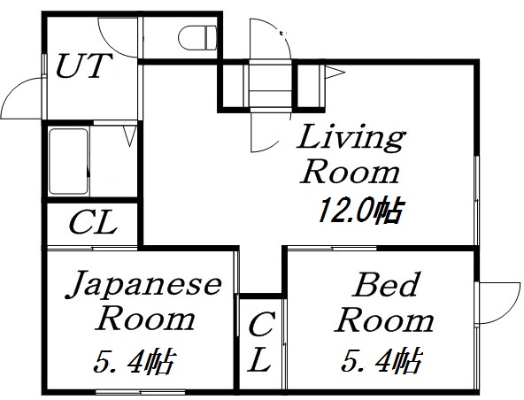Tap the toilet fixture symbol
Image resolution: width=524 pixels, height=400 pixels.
197,38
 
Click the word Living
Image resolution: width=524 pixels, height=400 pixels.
350,139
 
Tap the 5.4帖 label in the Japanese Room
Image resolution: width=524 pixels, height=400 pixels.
135,362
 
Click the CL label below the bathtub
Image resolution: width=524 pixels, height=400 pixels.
92,223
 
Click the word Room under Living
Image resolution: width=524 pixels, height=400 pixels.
350,172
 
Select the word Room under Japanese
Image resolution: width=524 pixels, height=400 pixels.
146,318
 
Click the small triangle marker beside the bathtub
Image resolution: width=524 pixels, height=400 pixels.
129,138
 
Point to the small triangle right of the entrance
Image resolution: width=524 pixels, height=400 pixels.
335,73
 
